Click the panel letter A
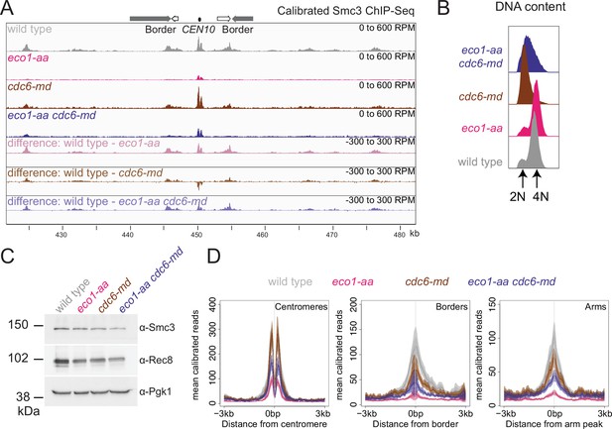7,9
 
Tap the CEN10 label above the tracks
198,30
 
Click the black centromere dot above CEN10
199,19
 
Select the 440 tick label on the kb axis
128,235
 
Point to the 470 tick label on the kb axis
331,235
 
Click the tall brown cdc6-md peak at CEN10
198,97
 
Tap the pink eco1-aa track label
28,58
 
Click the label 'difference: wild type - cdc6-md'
85,172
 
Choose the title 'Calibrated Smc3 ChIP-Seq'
345,11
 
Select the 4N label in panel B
541,196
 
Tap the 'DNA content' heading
530,7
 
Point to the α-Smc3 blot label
157,328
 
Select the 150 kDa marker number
18,325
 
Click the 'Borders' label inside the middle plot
451,306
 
